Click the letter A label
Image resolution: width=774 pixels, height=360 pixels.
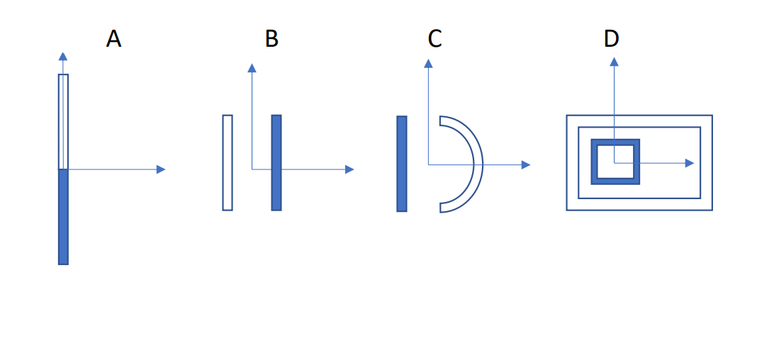pos(113,39)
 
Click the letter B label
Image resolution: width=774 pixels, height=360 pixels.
pos(271,39)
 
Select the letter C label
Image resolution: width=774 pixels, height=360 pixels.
pos(434,39)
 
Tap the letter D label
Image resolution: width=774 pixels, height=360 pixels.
pos(611,39)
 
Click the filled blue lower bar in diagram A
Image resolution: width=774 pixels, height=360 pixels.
pos(63,216)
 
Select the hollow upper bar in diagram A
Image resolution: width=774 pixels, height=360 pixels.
pos(63,120)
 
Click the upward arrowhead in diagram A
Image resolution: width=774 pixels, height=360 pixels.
pos(63,57)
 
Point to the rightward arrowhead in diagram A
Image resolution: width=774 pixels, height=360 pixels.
pos(161,169)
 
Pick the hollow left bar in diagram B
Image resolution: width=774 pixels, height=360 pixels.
pos(228,162)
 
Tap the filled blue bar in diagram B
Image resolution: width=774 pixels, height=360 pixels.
pos(276,162)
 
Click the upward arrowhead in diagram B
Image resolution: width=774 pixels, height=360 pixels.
pos(252,67)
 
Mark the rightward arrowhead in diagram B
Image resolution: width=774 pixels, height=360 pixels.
pos(349,169)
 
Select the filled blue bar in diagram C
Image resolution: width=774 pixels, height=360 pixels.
pos(402,164)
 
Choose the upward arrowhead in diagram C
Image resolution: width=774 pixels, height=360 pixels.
pos(428,63)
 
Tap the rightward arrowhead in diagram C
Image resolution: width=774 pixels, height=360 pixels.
pos(526,164)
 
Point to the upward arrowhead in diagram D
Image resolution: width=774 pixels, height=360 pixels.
pos(615,62)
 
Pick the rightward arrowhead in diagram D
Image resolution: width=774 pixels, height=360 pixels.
pos(689,163)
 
